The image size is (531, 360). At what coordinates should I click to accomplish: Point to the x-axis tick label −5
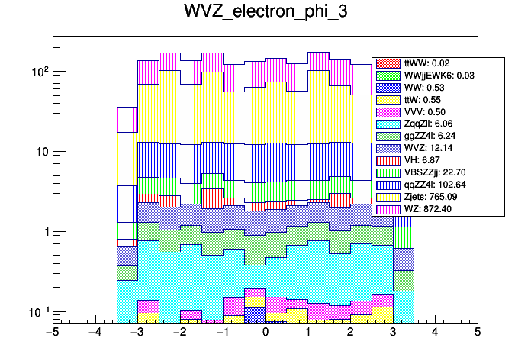point(52,333)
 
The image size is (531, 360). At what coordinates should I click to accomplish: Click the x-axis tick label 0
point(265,333)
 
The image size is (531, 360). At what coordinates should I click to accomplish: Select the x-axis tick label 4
point(435,333)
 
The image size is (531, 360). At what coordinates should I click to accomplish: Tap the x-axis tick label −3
point(137,333)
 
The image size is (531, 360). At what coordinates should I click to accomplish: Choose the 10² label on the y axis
point(37,71)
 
